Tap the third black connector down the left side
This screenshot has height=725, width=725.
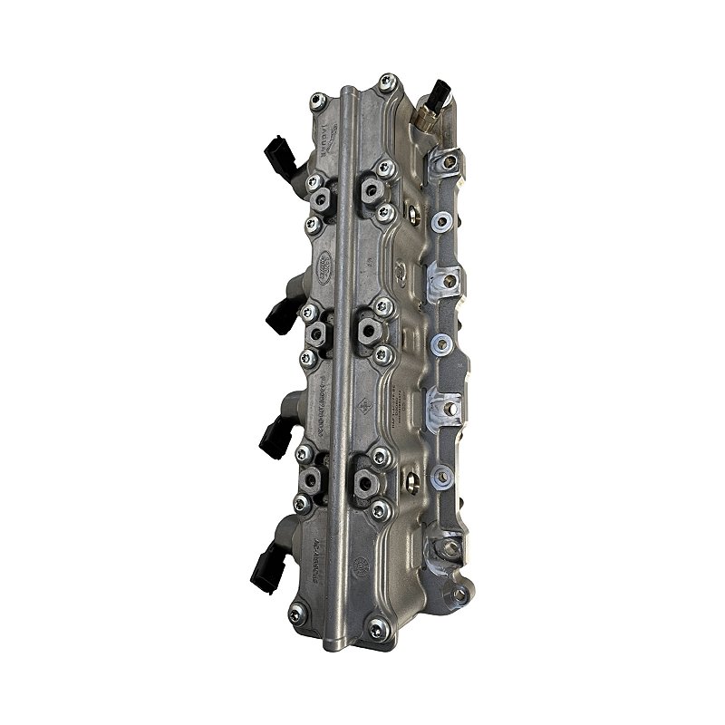[272, 438]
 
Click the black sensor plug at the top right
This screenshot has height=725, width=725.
[440, 94]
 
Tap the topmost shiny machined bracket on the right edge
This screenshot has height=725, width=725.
[443, 163]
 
